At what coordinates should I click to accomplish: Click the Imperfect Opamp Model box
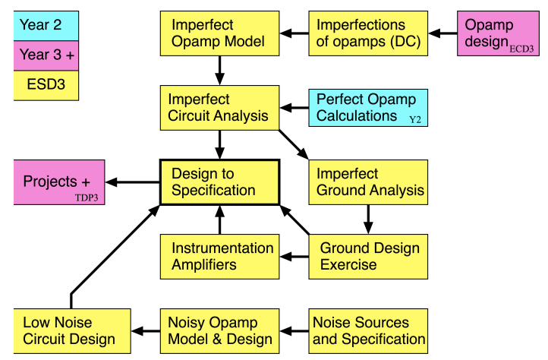click(219, 33)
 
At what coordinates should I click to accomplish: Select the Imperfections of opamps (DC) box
click(368, 33)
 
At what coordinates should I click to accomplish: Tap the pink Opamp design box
click(502, 33)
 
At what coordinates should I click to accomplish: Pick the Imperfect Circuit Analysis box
click(219, 108)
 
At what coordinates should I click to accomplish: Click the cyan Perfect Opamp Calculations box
click(368, 108)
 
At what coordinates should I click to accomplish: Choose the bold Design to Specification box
click(219, 182)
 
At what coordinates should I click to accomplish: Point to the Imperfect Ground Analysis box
click(368, 182)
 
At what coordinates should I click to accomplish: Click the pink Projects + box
click(59, 182)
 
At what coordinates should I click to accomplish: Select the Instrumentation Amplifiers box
click(219, 257)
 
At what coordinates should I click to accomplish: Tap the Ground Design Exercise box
click(368, 257)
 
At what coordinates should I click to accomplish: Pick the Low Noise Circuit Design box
click(70, 331)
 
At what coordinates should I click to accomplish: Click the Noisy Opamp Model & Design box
click(219, 331)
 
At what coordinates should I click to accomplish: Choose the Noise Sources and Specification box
click(368, 331)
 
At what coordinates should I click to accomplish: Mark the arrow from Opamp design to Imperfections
click(442, 33)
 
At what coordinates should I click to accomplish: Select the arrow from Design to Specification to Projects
click(132, 182)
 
